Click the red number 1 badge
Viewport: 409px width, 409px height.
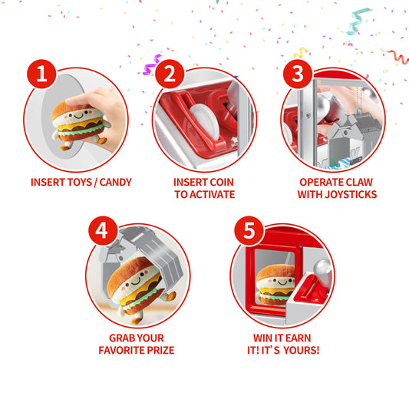click(x=41, y=74)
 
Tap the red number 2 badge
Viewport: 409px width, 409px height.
click(x=170, y=74)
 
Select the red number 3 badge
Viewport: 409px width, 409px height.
click(x=298, y=74)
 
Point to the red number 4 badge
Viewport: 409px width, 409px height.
click(x=104, y=230)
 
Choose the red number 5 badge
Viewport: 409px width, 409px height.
click(x=249, y=230)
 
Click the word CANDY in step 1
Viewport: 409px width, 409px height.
click(x=116, y=182)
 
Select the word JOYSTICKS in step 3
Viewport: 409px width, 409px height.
click(x=351, y=194)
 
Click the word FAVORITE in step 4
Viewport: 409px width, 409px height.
click(x=121, y=350)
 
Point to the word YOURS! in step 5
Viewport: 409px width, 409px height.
click(x=302, y=350)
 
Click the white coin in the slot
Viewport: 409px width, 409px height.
click(x=205, y=122)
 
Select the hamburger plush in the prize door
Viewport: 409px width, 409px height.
click(x=275, y=285)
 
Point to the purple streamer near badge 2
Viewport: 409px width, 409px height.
click(x=152, y=64)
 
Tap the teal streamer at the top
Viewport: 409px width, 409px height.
click(x=358, y=21)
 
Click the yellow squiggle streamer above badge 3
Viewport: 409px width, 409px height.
click(x=301, y=52)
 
